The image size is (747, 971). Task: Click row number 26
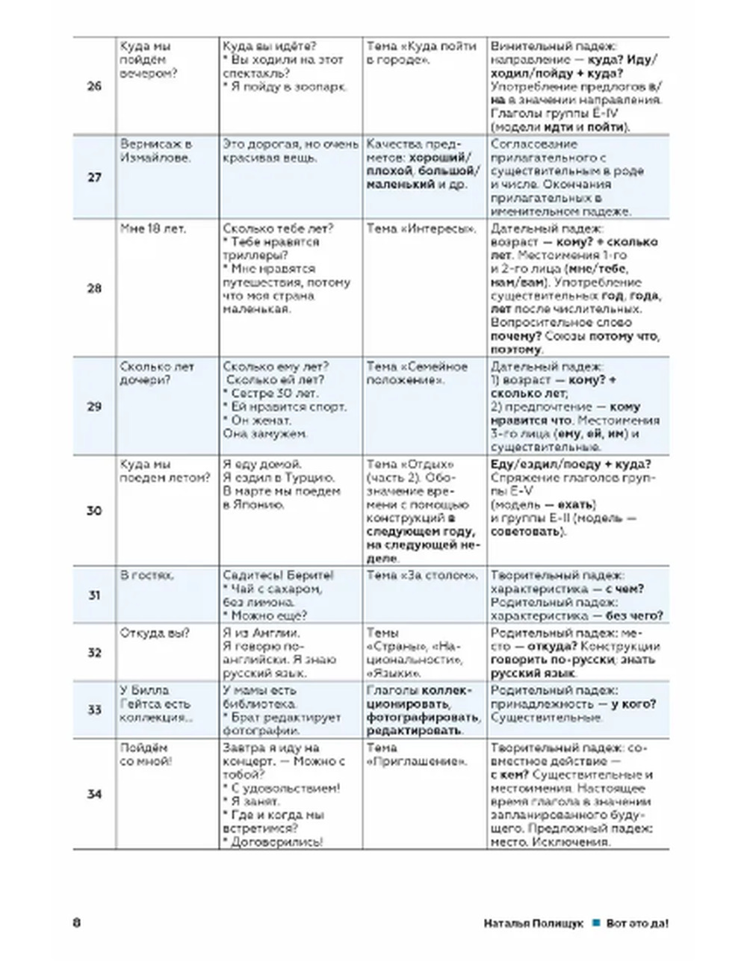(94, 86)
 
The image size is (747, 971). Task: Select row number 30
(94, 511)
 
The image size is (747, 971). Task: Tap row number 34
(94, 794)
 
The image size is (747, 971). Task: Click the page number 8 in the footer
(76, 922)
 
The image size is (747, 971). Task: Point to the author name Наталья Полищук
(533, 923)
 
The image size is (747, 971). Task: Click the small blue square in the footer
(595, 923)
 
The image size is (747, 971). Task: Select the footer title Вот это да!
(637, 923)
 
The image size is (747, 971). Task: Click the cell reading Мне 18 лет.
(153, 229)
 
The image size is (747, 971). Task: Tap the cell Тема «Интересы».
(421, 229)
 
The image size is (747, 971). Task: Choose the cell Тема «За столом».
(422, 575)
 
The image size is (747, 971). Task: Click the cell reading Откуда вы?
(155, 633)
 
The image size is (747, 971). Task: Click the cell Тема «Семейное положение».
(417, 373)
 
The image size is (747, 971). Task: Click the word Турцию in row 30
(310, 478)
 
